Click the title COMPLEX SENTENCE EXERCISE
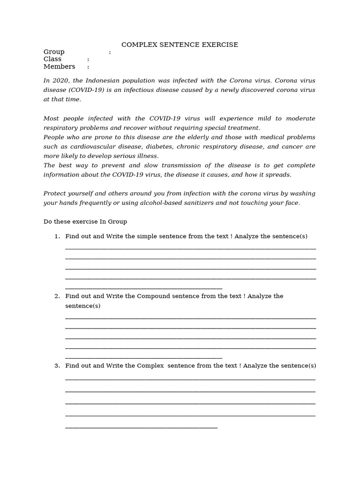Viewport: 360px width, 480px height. click(180, 45)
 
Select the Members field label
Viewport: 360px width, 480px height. click(59, 67)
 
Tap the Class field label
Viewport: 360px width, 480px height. click(52, 59)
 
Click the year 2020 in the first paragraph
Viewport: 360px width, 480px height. click(59, 80)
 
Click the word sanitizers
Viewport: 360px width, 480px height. click(198, 203)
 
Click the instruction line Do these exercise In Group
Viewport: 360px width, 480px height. click(85, 221)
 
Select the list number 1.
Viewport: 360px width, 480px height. click(57, 236)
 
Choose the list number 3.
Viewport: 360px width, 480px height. click(57, 366)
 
